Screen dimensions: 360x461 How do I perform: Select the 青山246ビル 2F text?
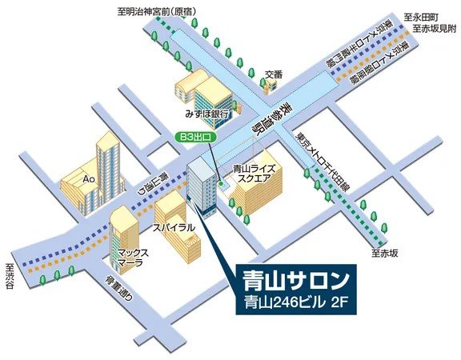[296, 305]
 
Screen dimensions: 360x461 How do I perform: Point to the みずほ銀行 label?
[207, 114]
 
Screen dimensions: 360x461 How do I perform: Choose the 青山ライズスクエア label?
[255, 174]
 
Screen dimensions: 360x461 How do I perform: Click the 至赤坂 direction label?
[383, 253]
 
